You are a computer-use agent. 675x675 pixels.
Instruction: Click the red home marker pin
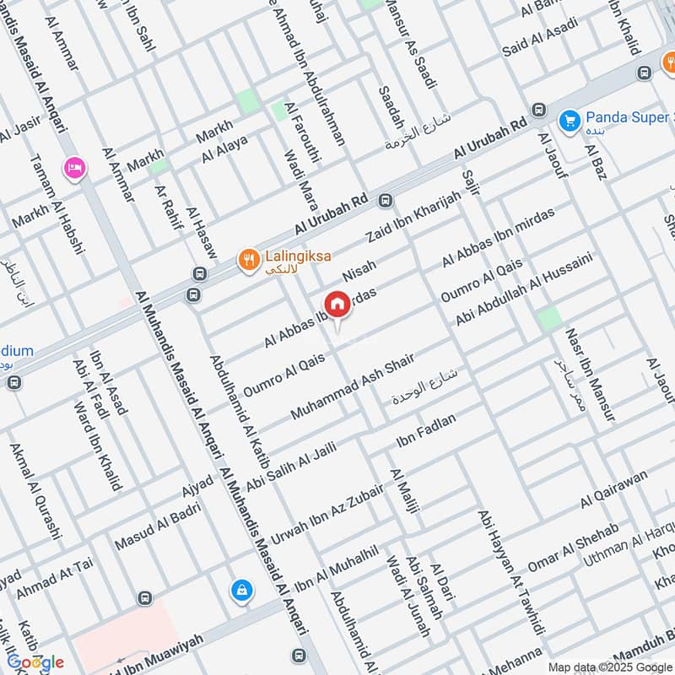[x=337, y=305]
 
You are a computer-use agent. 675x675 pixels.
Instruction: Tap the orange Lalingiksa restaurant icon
[x=247, y=259]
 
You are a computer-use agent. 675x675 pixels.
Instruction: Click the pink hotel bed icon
[x=73, y=167]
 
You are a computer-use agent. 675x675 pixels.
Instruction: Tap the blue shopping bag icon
[x=242, y=591]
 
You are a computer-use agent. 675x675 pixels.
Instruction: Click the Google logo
[x=35, y=662]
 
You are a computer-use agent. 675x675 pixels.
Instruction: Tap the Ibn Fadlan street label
[x=425, y=430]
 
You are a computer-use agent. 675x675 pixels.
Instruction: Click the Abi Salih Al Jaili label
[x=290, y=467]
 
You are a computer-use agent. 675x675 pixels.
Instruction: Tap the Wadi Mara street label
[x=300, y=187]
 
